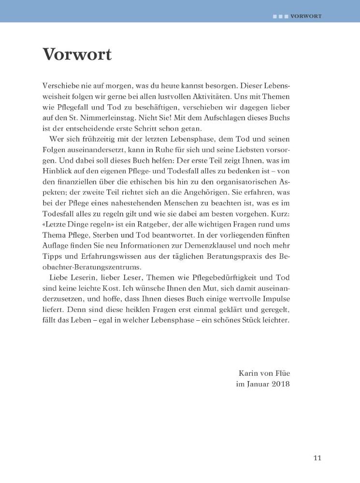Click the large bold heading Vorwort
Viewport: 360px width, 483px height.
pos(77,55)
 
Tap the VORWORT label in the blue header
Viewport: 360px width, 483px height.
pos(306,15)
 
